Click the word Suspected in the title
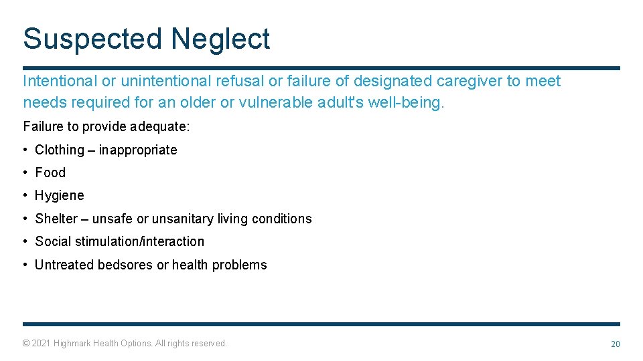(x=93, y=39)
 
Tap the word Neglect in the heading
(x=220, y=39)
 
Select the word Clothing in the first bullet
(x=60, y=150)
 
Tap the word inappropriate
(x=138, y=150)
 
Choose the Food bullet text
(x=50, y=172)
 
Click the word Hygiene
(x=60, y=195)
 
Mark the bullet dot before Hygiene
(x=25, y=196)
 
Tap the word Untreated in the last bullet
(x=64, y=265)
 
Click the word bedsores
(x=125, y=265)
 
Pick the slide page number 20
(x=615, y=344)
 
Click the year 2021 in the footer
(x=42, y=343)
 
